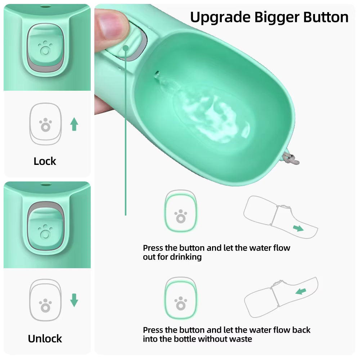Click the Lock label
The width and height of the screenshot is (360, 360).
[45, 161]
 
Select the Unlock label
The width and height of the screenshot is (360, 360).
[45, 338]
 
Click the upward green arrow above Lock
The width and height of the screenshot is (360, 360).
[74, 124]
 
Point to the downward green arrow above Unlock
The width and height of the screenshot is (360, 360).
[74, 300]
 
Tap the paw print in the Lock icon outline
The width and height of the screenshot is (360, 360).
[45, 125]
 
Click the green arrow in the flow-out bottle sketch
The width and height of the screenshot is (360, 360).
[298, 228]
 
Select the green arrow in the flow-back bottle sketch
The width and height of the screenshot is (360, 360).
[301, 291]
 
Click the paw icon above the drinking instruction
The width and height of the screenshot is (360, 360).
[180, 216]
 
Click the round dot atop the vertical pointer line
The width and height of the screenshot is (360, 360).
[126, 48]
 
